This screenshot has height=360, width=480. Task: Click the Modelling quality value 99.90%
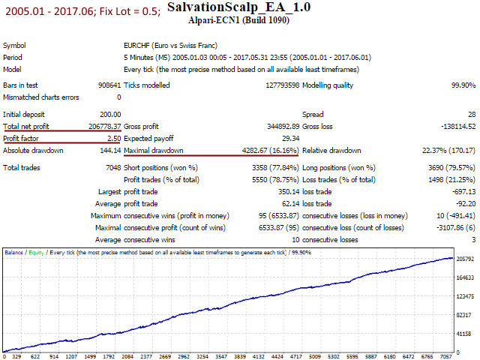coord(460,85)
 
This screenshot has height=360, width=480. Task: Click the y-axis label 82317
coord(464,315)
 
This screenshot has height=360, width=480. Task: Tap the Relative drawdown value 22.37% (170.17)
coord(447,150)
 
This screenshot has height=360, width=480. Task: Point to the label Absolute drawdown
coord(33,150)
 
